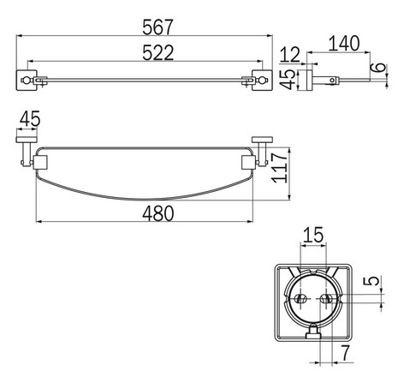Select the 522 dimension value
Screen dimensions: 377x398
tap(142, 53)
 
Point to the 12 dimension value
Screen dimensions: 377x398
tap(295, 56)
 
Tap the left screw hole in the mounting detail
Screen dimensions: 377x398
tap(300, 299)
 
